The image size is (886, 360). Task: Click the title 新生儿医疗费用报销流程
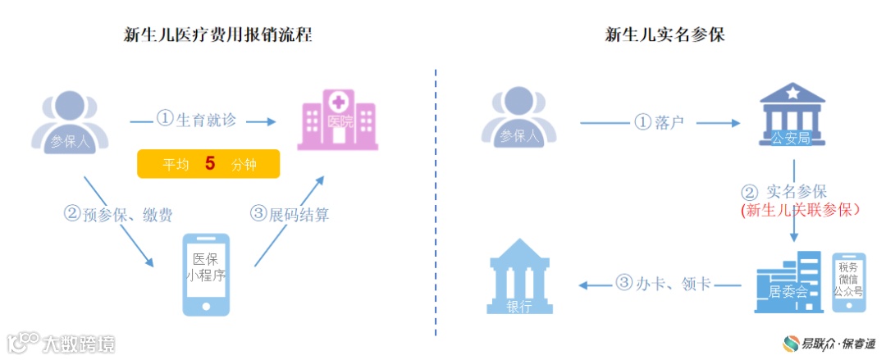[x=217, y=34]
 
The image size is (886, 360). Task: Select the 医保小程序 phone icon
[x=206, y=274]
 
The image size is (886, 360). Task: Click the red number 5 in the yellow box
[x=210, y=163]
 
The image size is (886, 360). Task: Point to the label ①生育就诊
[x=197, y=120]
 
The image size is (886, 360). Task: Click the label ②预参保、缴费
[x=119, y=216]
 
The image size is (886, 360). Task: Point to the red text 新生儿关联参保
[x=800, y=211]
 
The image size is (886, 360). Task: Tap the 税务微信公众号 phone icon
[x=848, y=281]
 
